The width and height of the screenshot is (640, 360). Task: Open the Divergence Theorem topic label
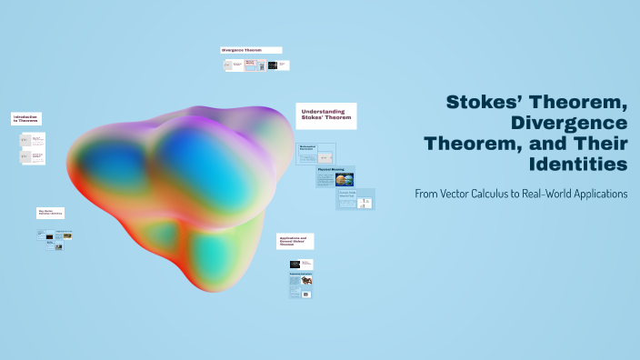coord(251,50)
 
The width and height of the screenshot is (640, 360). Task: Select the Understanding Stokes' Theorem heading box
coord(325,115)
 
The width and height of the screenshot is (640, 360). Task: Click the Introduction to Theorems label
coord(26,118)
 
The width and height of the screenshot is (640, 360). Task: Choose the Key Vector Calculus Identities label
coord(50,213)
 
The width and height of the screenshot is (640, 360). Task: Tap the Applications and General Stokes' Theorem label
coord(295,241)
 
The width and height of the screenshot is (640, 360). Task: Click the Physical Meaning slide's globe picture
coord(345,179)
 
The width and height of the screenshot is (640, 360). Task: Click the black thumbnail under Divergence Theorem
coord(273,65)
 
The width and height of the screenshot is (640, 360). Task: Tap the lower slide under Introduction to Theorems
coord(33,156)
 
